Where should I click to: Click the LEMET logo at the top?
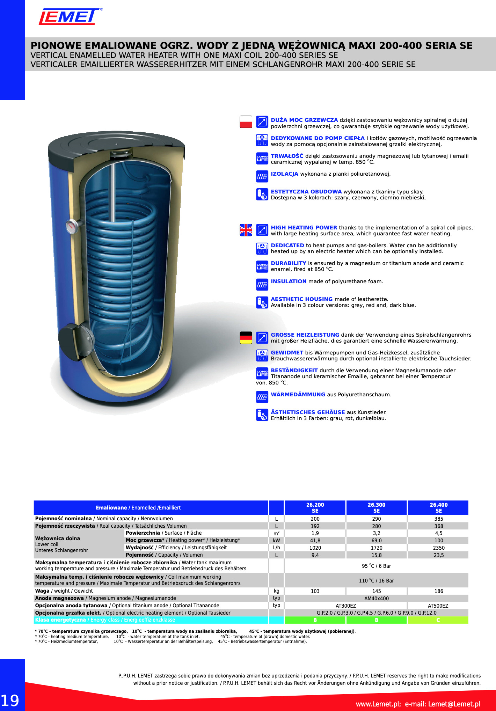(69, 16)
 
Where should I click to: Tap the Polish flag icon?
(246, 122)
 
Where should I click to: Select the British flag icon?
(246, 230)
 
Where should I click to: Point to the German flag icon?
(246, 337)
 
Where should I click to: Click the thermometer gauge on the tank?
(72, 226)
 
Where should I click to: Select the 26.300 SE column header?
(376, 508)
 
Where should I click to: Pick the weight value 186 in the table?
(439, 591)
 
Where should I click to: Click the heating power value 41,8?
(315, 541)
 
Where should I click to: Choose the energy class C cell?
(438, 620)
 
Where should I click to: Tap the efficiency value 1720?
(376, 548)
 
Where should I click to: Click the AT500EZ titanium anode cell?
(438, 606)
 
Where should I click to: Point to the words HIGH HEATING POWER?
(304, 228)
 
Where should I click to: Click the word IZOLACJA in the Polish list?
(284, 174)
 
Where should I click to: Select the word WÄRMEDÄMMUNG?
(298, 395)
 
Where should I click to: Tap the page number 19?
(10, 701)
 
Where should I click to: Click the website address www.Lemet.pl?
(378, 704)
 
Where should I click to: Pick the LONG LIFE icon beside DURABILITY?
(262, 266)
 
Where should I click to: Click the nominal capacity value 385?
(439, 519)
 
